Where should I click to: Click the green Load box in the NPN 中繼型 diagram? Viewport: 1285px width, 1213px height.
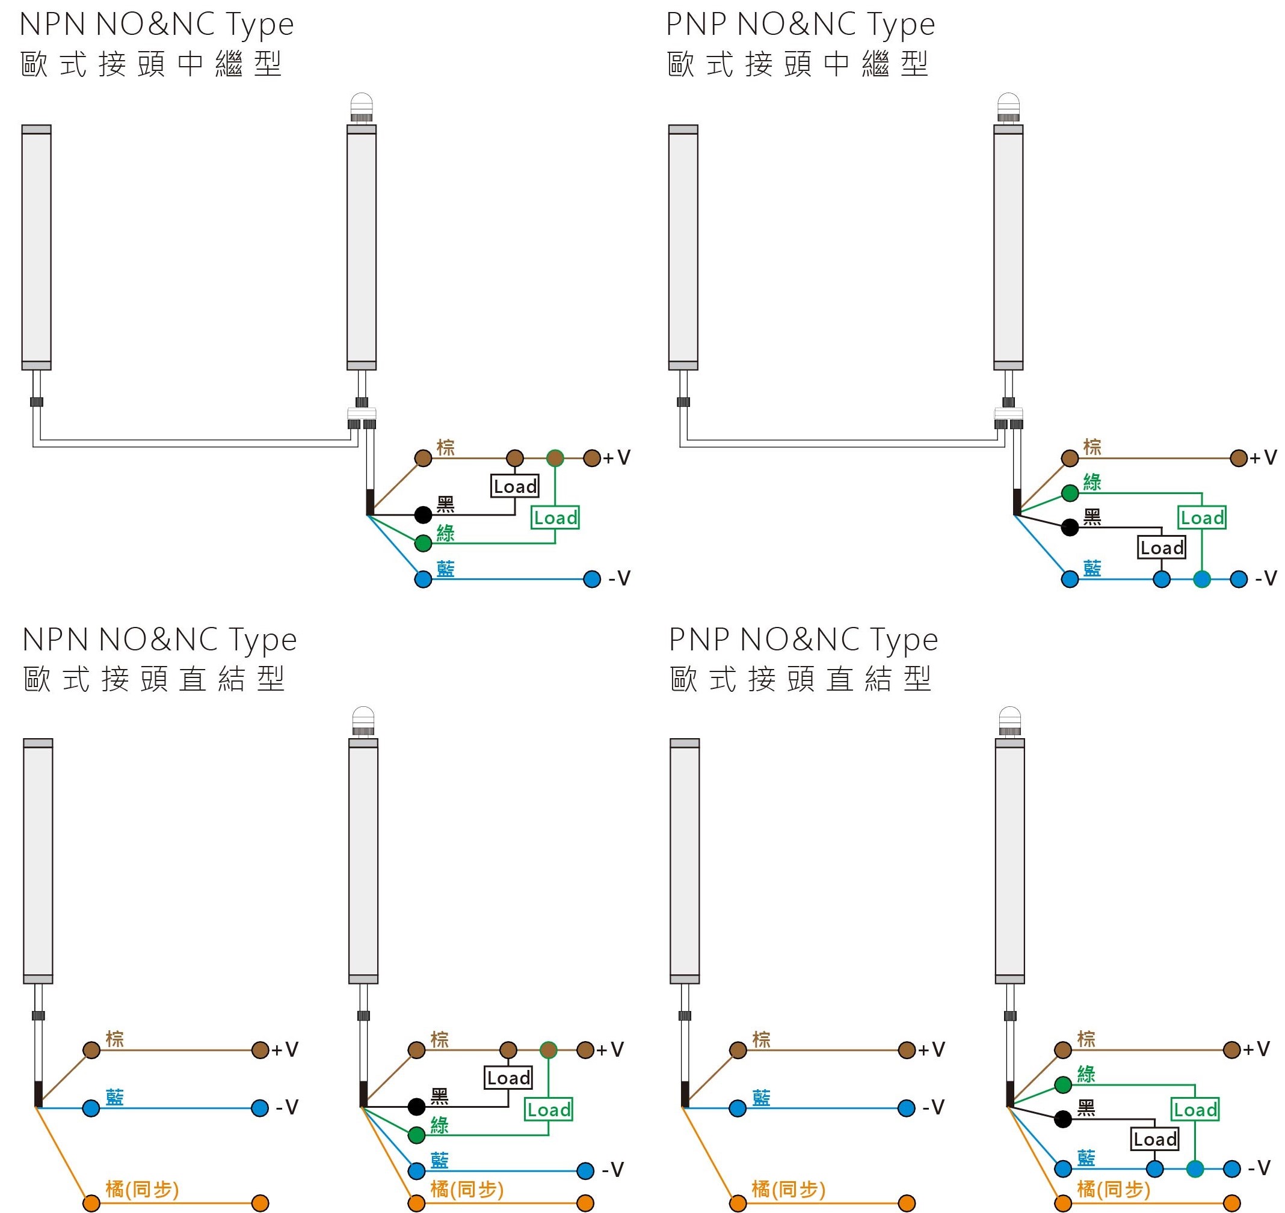555,518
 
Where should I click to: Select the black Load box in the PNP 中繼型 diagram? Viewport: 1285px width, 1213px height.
1162,548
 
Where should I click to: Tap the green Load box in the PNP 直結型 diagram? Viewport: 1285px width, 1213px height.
1195,1110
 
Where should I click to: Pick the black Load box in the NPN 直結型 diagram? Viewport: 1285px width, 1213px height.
508,1078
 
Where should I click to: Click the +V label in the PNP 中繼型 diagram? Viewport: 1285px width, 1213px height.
1263,458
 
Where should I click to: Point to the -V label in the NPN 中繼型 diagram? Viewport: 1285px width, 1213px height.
619,578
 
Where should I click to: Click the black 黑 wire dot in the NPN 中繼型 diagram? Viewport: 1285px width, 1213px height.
423,515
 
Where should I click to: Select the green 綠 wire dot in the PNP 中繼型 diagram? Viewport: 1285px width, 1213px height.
1070,493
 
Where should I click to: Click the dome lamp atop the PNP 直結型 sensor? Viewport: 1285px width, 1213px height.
1010,721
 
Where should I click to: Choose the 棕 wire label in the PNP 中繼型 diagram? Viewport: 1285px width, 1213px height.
1092,447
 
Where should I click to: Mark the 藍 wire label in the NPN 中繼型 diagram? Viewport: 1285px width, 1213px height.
445,569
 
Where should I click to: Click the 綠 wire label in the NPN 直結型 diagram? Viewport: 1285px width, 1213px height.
439,1125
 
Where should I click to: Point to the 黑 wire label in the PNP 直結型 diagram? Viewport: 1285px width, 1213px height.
1086,1108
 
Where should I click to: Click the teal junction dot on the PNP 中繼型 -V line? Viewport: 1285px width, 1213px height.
1202,579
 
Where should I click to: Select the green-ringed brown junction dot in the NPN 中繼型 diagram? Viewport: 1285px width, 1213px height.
555,459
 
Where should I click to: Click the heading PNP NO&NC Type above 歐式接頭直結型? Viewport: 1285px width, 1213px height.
803,641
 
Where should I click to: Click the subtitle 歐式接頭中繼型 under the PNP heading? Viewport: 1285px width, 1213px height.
798,64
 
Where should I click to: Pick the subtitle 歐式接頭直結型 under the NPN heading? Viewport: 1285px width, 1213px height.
154,679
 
